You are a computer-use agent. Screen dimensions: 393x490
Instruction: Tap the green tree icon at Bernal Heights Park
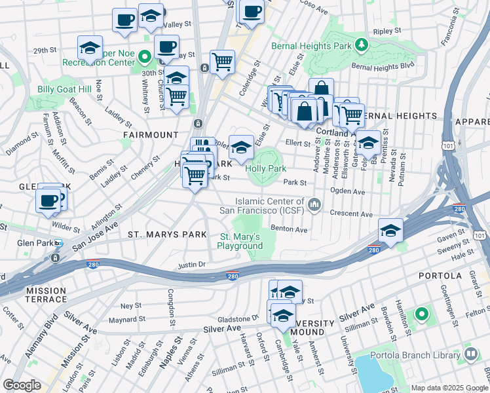360,45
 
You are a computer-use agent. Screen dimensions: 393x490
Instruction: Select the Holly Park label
266,168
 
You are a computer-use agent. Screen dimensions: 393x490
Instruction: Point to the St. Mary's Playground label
240,241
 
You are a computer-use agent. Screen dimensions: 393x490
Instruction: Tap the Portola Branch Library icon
470,355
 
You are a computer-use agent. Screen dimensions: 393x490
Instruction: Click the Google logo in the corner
22,385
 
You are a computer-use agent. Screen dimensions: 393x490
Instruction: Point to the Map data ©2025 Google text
449,388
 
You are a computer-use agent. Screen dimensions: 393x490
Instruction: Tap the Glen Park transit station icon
58,244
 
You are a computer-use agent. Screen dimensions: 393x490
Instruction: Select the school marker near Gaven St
390,230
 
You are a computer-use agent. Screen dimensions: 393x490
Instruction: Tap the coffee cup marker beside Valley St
124,20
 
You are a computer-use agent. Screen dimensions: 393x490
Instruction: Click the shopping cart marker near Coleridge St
223,62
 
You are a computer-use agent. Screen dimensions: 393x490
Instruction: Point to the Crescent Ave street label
351,215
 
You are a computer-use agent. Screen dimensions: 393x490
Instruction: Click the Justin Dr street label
192,265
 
